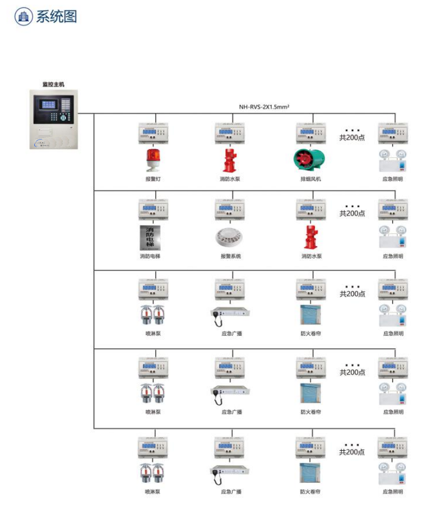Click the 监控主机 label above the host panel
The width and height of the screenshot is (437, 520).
pyautogui.click(x=53, y=84)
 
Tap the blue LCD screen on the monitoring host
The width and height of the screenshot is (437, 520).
pyautogui.click(x=48, y=104)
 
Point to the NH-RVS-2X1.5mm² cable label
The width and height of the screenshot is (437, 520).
pyautogui.click(x=264, y=107)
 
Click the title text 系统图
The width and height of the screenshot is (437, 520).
pyautogui.click(x=56, y=17)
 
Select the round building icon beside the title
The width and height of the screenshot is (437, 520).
pyautogui.click(x=23, y=17)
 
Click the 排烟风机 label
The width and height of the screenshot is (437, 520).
pyautogui.click(x=311, y=179)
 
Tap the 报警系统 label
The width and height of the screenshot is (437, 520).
pyautogui.click(x=230, y=256)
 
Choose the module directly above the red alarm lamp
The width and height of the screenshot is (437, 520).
pyautogui.click(x=154, y=133)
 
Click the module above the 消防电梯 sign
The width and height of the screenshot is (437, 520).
pyautogui.click(x=154, y=209)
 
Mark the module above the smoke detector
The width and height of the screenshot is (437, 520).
pyautogui.click(x=231, y=209)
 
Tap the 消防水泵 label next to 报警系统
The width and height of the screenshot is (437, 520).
pyautogui.click(x=311, y=256)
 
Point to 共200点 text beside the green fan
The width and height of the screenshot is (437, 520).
pyautogui.click(x=352, y=137)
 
